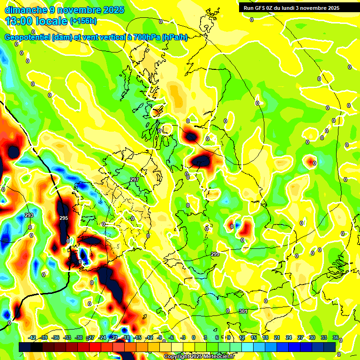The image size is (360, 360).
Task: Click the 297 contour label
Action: [x=135, y=180]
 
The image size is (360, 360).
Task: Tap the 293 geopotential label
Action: [x=29, y=215]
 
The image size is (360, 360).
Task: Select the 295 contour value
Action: [x=64, y=218]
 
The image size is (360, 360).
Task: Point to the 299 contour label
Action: [x=215, y=254]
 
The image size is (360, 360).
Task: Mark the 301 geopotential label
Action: [x=243, y=311]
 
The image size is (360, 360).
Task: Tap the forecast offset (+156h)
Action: [x=84, y=21]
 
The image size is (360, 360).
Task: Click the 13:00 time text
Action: [x=19, y=21]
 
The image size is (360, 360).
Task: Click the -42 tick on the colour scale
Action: [x=32, y=337]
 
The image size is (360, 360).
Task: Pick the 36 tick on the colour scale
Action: [x=336, y=337]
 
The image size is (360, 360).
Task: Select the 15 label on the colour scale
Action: [x=254, y=337]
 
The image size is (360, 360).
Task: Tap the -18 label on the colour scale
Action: [x=126, y=337]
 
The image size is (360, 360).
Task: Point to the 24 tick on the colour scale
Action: [x=289, y=337]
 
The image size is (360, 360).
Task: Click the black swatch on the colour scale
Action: [x=37, y=347]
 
